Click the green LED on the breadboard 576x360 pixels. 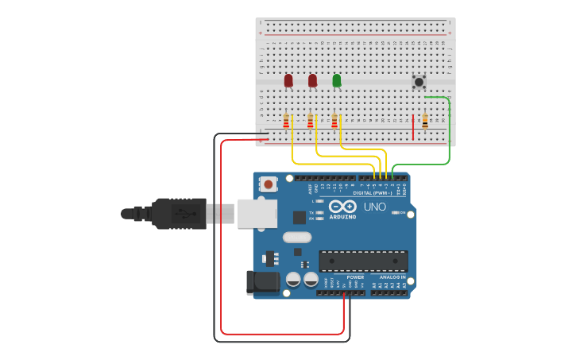tap(337, 80)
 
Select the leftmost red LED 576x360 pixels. tap(288, 80)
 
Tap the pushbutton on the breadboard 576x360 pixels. tap(419, 82)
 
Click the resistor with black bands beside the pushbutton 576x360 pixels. tap(425, 121)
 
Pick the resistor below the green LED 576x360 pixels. tap(334, 121)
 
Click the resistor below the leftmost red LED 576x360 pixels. tap(286, 121)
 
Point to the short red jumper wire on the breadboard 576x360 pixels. tap(413, 127)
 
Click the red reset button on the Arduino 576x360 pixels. tap(269, 184)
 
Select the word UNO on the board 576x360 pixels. tap(374, 207)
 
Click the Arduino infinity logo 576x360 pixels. tap(342, 207)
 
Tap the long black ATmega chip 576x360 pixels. tap(363, 261)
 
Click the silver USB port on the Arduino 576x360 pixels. tap(257, 213)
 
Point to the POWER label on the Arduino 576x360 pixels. tap(354, 277)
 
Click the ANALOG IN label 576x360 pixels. tap(392, 277)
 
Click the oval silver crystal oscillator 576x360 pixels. tap(296, 237)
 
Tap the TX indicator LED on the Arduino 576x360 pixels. tap(319, 212)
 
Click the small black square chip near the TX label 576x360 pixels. tap(300, 217)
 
